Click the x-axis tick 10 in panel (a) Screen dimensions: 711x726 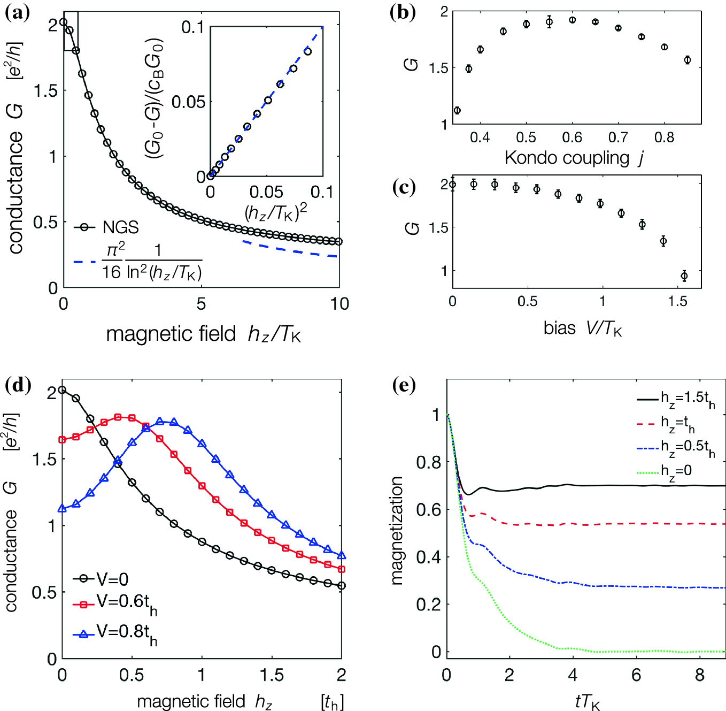click(x=339, y=304)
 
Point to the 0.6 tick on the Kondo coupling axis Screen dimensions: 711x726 click(x=572, y=138)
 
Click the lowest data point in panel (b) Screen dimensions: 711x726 click(x=457, y=111)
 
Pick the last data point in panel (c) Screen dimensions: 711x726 click(x=684, y=276)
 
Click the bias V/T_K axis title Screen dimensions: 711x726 click(x=582, y=327)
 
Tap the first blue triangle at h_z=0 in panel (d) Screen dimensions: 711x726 click(x=62, y=508)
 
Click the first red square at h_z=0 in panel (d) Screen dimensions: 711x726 click(x=62, y=440)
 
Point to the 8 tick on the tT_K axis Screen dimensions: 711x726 click(x=699, y=676)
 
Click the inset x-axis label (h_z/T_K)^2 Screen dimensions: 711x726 click(x=276, y=212)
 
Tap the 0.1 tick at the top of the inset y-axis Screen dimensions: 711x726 click(x=193, y=27)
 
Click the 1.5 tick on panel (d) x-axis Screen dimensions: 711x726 click(x=271, y=675)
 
